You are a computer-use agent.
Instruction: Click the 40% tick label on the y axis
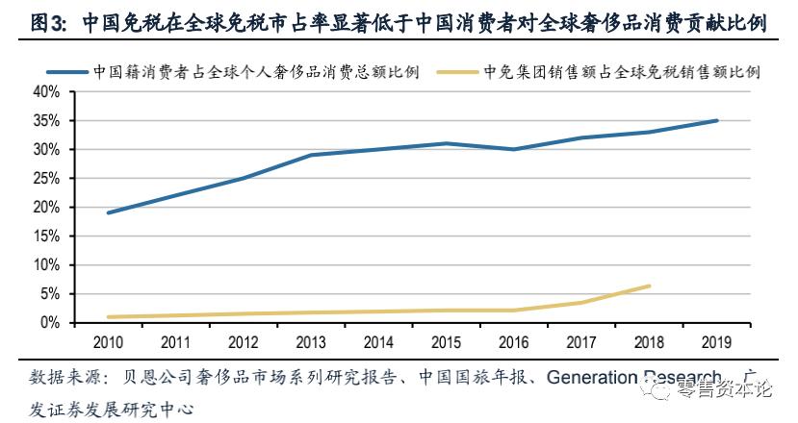click(x=46, y=92)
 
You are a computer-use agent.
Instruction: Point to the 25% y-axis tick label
click(x=46, y=179)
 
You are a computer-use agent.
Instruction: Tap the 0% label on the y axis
click(x=50, y=323)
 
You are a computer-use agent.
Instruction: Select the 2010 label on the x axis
click(x=108, y=342)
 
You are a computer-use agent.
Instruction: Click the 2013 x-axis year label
click(x=310, y=342)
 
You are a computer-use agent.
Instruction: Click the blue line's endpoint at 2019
click(x=716, y=120)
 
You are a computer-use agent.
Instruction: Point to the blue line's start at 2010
click(x=108, y=212)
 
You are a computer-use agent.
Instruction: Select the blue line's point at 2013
click(x=310, y=155)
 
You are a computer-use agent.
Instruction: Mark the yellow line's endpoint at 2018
click(x=650, y=286)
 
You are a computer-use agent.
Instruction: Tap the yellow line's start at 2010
click(x=108, y=317)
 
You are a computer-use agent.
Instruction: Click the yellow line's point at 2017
click(x=581, y=302)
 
